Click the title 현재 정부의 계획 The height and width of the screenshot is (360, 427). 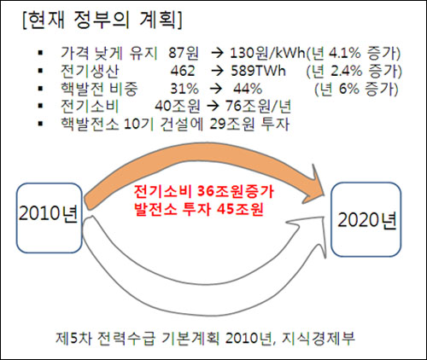tap(102, 20)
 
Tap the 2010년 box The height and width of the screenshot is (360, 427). tap(50, 218)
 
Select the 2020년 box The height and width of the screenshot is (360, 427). tap(366, 219)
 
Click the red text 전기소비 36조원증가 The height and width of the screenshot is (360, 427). tap(204, 191)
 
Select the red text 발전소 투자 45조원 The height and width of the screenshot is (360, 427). tap(199, 210)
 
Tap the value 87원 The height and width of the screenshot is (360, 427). tap(183, 53)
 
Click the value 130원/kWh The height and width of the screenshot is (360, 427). tap(268, 53)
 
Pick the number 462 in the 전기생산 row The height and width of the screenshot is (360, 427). tap(183, 71)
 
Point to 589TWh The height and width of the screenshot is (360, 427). tap(258, 71)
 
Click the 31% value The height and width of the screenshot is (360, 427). tap(184, 89)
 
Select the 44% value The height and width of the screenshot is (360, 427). tap(248, 89)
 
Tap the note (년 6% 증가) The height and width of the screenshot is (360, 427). tap(356, 89)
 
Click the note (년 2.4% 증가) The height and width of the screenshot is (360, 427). tap(354, 71)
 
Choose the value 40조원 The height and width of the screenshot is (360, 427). tap(178, 107)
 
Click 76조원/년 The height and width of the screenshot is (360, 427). tap(258, 107)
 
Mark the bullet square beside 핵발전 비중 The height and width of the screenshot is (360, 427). tap(40, 89)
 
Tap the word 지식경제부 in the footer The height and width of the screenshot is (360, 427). tap(319, 338)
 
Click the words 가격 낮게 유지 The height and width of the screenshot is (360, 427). tap(109, 53)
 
